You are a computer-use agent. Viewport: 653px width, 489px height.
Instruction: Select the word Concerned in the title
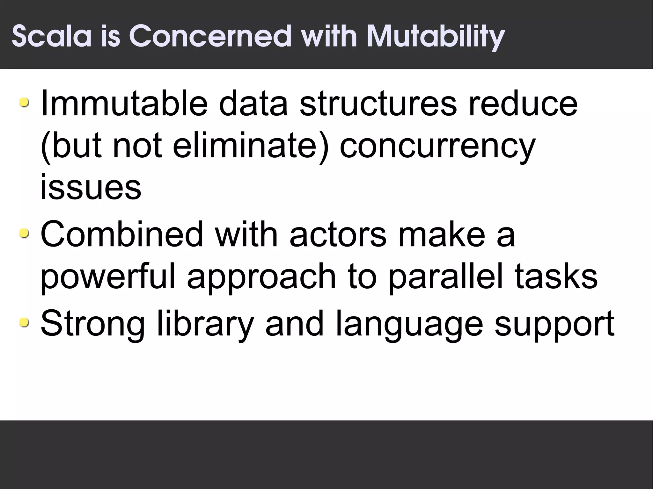click(x=210, y=36)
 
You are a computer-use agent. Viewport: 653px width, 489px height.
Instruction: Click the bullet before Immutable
click(x=24, y=103)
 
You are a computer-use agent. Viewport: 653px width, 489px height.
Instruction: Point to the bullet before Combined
click(x=24, y=234)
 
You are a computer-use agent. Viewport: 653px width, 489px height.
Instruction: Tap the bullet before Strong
click(x=24, y=323)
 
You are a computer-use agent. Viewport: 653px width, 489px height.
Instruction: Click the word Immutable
click(x=124, y=103)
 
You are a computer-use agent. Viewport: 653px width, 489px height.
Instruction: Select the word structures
click(x=378, y=103)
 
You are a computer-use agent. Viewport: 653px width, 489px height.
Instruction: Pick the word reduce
click(x=523, y=103)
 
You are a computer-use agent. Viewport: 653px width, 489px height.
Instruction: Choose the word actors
click(x=338, y=234)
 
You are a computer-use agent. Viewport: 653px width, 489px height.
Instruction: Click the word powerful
click(x=108, y=277)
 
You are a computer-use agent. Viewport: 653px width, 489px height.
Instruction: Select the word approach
click(x=261, y=277)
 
